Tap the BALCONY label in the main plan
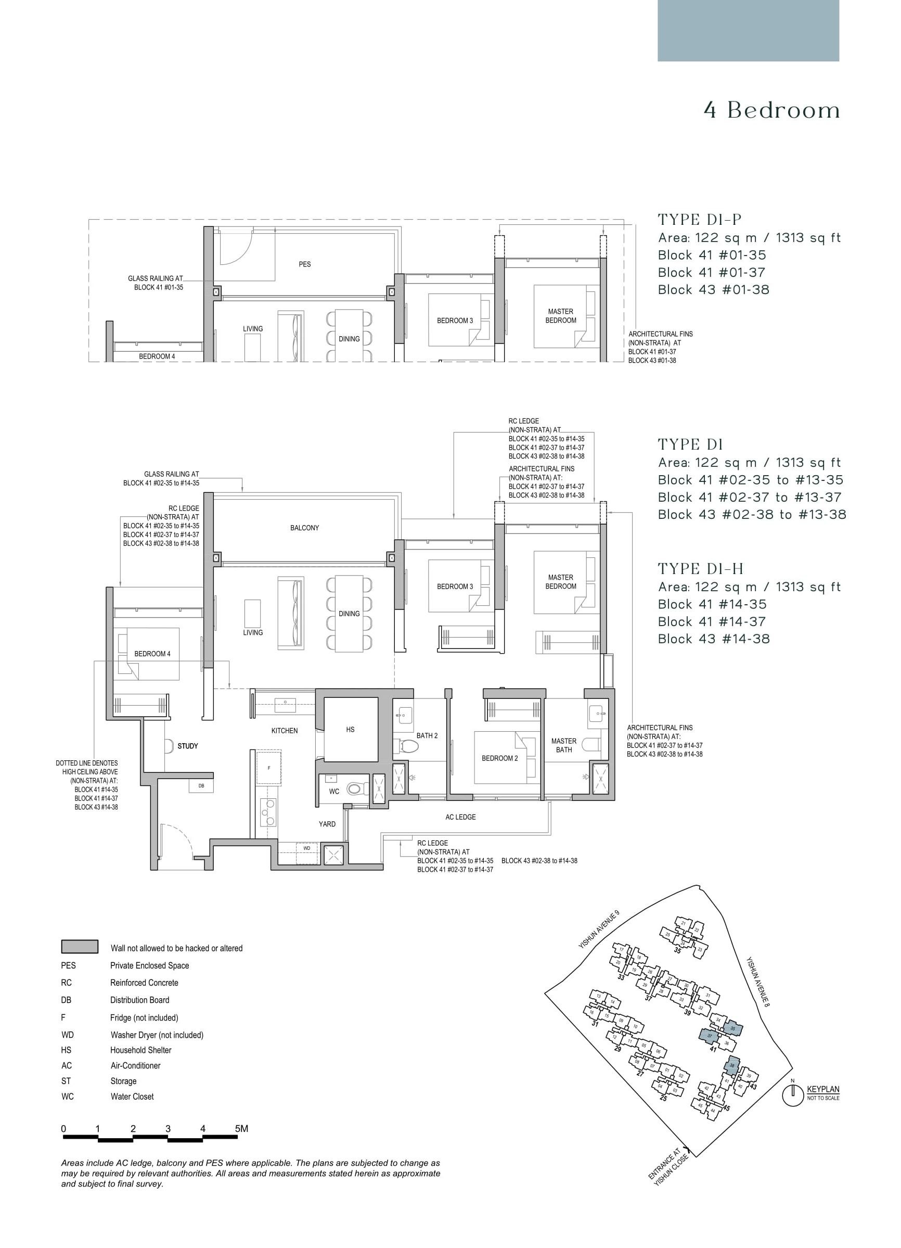coord(304,528)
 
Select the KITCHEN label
coord(285,731)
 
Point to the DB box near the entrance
coord(201,786)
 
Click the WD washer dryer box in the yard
coord(306,848)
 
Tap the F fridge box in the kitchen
coord(269,768)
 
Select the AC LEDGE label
coord(460,817)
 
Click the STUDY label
coord(188,746)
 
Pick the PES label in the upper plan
coord(305,264)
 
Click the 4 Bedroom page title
coord(772,111)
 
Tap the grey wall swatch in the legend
coord(80,947)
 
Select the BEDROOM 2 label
coord(499,758)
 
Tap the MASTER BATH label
coord(564,746)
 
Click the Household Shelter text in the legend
coord(141,1050)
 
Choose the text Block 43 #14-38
coord(713,639)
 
